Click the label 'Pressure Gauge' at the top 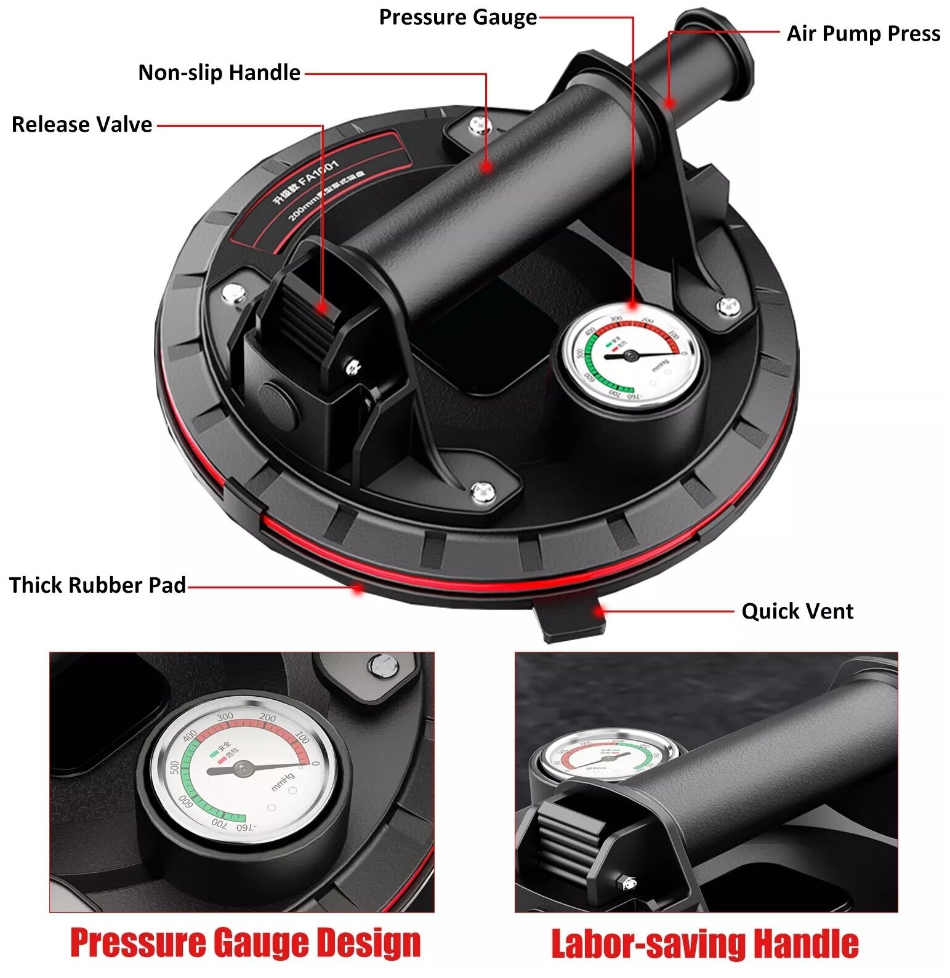[x=457, y=17]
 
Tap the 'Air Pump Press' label [x=863, y=33]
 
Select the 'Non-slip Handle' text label [x=219, y=73]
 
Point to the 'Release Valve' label [x=82, y=124]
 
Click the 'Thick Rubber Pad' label [x=97, y=585]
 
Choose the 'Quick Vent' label [x=797, y=611]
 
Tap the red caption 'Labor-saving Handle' [x=704, y=944]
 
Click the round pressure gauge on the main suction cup [x=631, y=356]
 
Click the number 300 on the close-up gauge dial [x=225, y=716]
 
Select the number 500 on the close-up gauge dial [x=175, y=768]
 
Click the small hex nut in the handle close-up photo [x=628, y=883]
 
